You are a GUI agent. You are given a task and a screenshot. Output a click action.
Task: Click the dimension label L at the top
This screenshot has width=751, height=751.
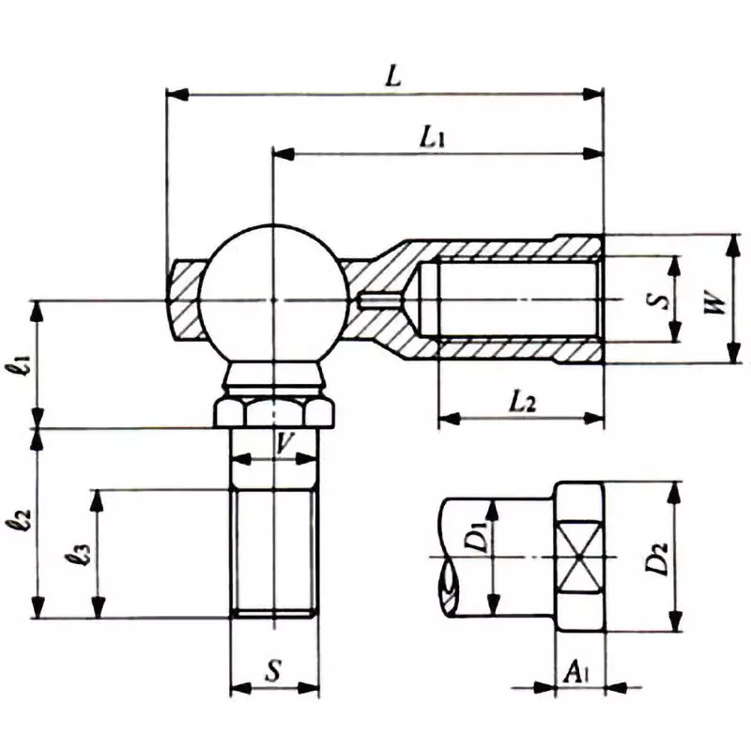394,77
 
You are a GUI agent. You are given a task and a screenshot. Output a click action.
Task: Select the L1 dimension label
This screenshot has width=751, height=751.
433,138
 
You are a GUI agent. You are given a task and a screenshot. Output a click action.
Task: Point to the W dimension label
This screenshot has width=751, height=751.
714,302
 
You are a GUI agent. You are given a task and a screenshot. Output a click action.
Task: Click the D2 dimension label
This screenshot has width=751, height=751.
660,556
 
